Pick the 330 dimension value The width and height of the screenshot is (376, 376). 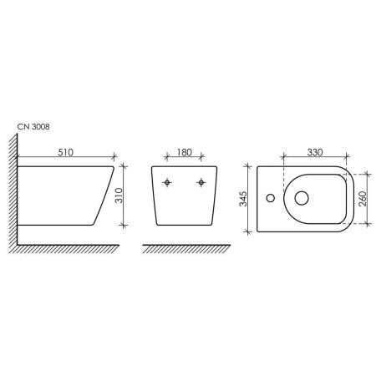pyautogui.click(x=313, y=154)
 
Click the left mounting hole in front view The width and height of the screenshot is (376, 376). pyautogui.click(x=168, y=182)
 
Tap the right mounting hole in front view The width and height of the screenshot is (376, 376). pyautogui.click(x=201, y=182)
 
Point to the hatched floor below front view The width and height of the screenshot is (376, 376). pyautogui.click(x=185, y=250)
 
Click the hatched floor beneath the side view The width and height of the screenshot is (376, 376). pyautogui.click(x=67, y=250)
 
